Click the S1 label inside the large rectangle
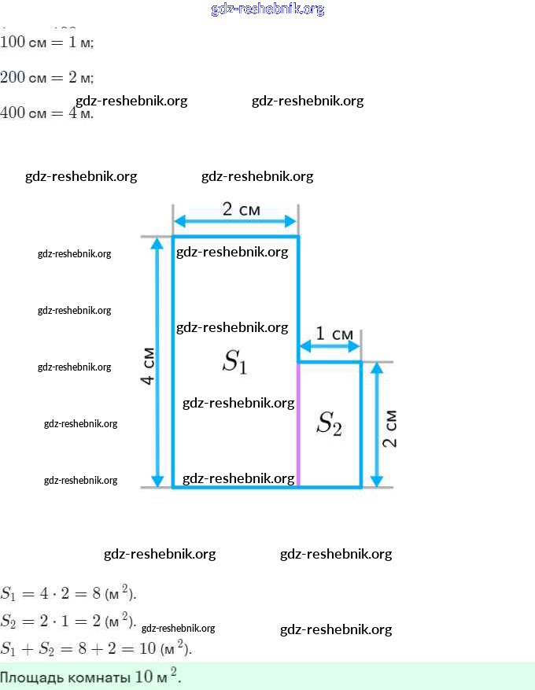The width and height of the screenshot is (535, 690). click(235, 362)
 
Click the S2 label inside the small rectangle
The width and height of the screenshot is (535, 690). click(329, 424)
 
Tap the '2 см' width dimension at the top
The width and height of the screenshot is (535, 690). click(242, 209)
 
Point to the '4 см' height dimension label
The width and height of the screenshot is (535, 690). click(147, 367)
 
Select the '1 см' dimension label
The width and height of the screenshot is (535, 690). click(335, 334)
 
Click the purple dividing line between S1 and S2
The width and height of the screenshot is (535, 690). click(298, 425)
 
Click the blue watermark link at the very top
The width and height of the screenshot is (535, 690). click(267, 9)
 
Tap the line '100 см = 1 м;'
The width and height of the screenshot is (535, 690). click(47, 42)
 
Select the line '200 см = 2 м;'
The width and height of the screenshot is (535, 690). click(47, 77)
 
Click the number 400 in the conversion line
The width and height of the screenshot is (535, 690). click(13, 113)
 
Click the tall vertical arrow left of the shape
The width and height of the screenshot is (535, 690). click(158, 362)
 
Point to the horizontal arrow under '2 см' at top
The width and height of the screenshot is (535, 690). click(235, 221)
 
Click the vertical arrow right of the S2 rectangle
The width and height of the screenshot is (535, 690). click(376, 425)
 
